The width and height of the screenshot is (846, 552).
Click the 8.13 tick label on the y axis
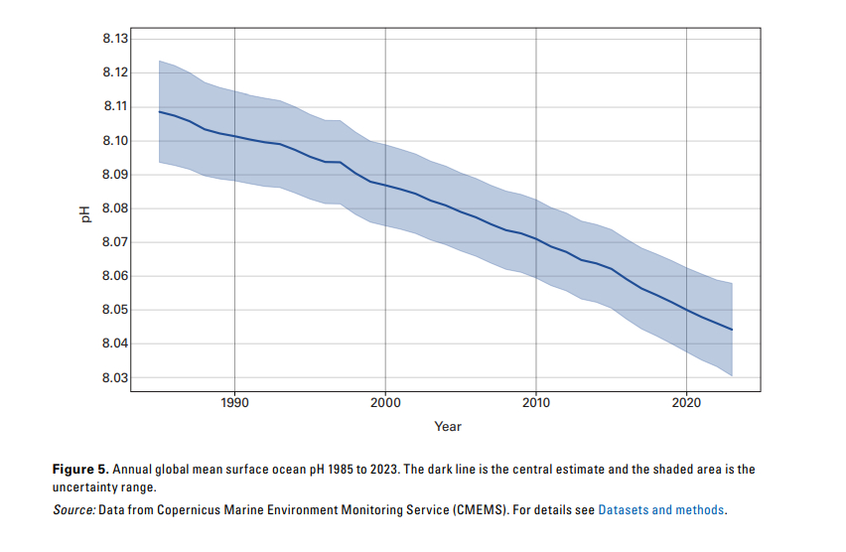tap(115, 39)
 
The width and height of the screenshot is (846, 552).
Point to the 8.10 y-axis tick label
tap(115, 141)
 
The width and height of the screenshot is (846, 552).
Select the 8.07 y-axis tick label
tap(115, 242)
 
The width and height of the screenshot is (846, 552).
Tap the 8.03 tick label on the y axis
tap(115, 378)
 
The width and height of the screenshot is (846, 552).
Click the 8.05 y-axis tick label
tap(115, 311)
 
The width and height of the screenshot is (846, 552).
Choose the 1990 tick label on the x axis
tap(234, 402)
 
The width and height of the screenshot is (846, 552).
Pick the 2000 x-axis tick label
tap(385, 402)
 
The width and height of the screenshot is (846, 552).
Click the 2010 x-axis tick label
tap(536, 402)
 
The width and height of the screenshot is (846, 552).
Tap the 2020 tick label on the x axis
tap(687, 402)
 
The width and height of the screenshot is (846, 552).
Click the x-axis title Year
tap(448, 426)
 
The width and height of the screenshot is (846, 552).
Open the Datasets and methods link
tap(661, 510)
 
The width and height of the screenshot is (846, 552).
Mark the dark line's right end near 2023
tap(732, 330)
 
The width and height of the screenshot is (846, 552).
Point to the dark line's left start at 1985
tap(159, 111)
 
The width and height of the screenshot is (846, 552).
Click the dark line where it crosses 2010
tap(536, 238)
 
